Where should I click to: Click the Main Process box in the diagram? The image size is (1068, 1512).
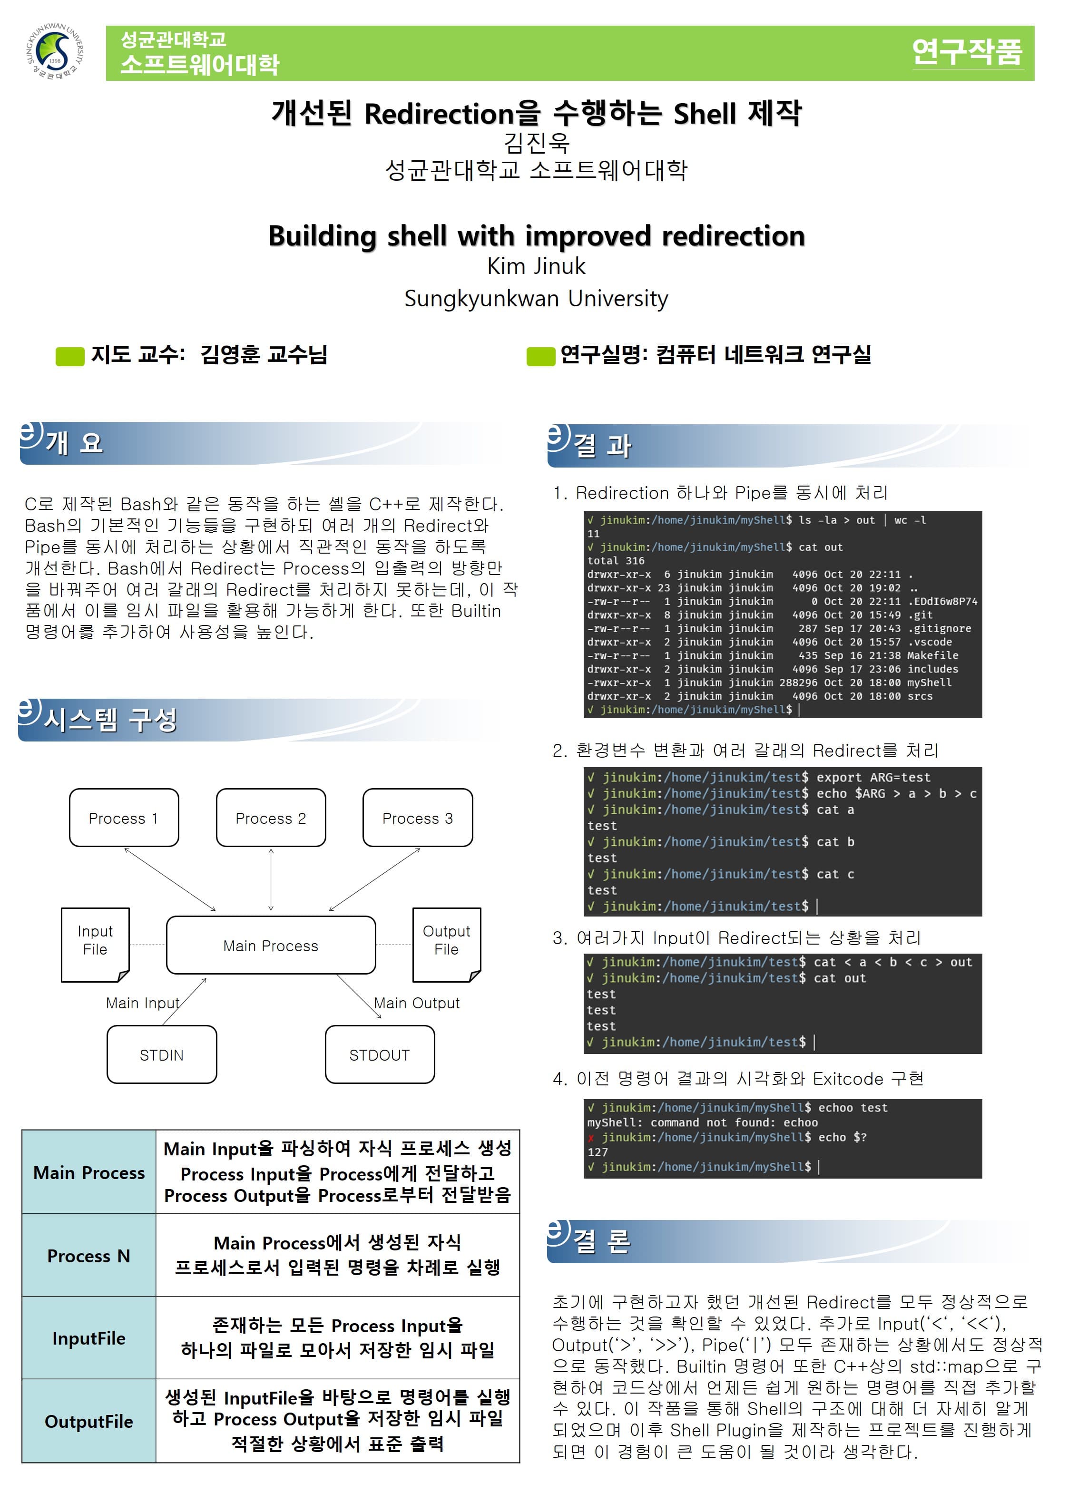tap(271, 945)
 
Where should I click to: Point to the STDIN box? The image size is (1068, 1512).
tap(161, 1054)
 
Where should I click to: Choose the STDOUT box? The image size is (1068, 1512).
tap(380, 1054)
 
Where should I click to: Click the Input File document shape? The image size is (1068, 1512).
tap(95, 942)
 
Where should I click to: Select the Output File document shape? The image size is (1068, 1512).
tap(446, 942)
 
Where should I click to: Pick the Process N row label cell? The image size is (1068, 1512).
tap(89, 1256)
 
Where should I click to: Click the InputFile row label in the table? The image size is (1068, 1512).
tap(89, 1338)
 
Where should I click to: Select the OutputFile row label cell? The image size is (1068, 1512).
tap(89, 1422)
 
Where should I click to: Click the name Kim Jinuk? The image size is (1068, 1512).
tap(536, 266)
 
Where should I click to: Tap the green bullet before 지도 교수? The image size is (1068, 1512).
tap(70, 356)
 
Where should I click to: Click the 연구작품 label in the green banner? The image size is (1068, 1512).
tap(967, 52)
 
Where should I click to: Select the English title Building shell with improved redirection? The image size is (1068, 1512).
tap(536, 236)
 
